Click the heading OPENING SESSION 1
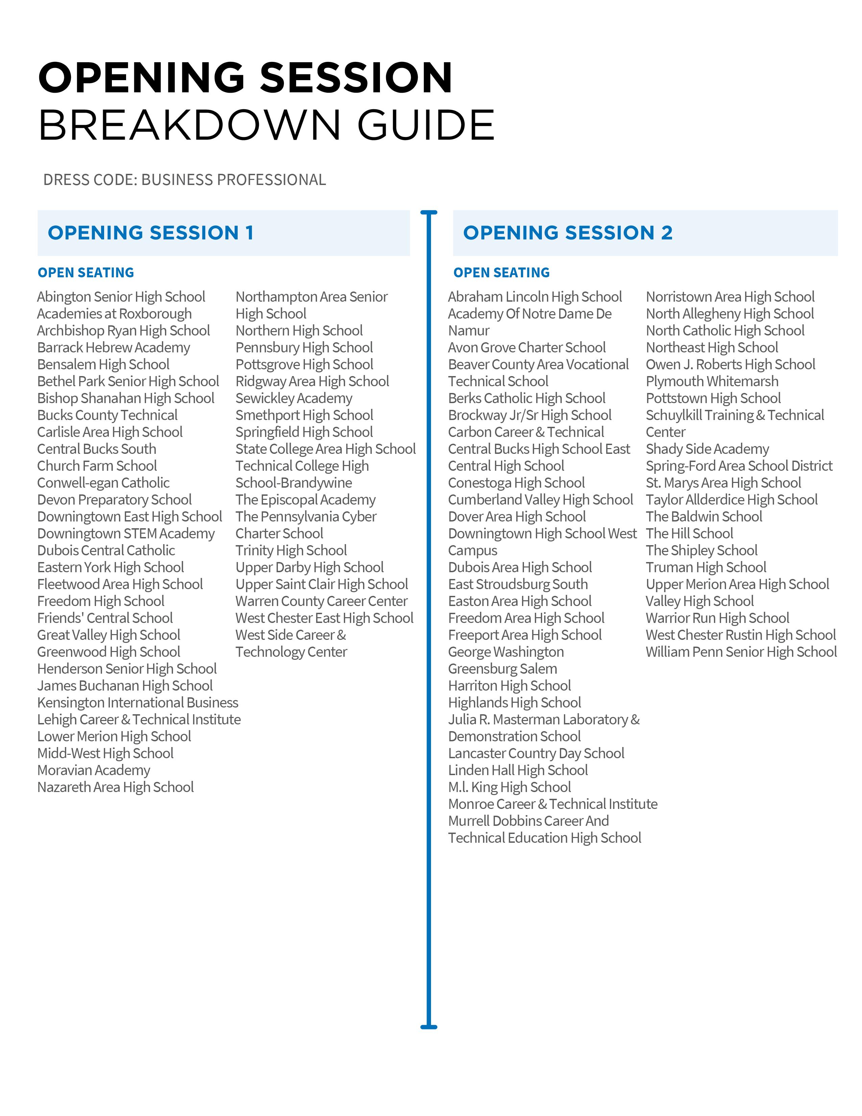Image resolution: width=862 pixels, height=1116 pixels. [x=151, y=233]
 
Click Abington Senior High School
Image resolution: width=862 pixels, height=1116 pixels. [x=121, y=297]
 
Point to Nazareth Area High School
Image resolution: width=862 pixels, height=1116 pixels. [x=115, y=787]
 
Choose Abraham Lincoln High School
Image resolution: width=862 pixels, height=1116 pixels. [x=535, y=297]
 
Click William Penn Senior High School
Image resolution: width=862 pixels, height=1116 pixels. [x=741, y=652]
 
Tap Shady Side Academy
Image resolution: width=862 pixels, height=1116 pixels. [x=707, y=449]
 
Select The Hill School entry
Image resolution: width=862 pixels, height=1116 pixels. [x=689, y=533]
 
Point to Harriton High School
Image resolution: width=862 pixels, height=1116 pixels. [x=509, y=686]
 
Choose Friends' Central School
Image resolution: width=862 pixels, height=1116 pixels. [x=105, y=618]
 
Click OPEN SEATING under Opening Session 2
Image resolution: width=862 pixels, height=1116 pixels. [x=501, y=273]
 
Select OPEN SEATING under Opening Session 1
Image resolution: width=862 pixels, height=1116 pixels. [x=86, y=273]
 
